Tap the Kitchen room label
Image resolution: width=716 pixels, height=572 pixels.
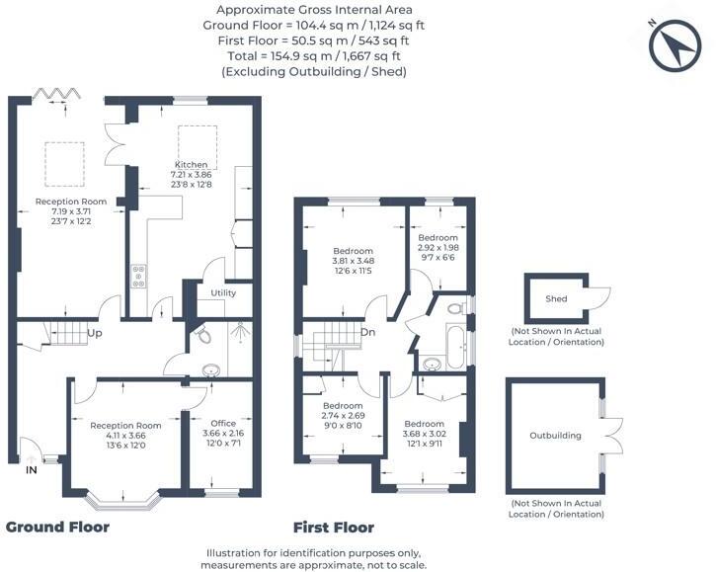pos(192,164)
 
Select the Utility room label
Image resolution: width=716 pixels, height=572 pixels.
pos(223,293)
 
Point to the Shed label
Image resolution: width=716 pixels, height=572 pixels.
pos(556,298)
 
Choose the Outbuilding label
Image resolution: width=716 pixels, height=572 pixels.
pos(555,435)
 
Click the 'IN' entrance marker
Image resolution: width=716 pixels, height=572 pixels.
pos(32,470)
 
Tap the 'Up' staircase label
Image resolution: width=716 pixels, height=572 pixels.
pos(96,334)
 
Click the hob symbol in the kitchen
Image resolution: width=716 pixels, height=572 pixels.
pos(137,276)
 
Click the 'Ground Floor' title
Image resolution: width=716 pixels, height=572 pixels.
pos(57,527)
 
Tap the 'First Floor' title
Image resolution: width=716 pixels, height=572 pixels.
pos(334,527)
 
